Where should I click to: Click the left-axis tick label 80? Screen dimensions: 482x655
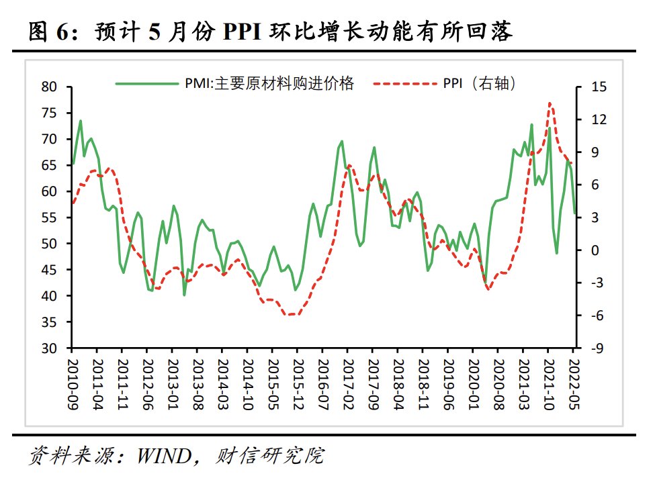(49, 87)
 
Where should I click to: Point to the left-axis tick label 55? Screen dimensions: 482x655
(49, 218)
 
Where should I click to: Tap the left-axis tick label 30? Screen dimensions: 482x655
(49, 348)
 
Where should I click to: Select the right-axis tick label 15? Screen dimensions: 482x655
(599, 87)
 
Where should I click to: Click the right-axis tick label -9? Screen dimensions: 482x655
(599, 348)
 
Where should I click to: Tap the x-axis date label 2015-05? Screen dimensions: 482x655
(271, 383)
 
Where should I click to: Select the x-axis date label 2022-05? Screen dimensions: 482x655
(573, 383)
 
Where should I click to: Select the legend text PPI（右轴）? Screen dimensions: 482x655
(479, 83)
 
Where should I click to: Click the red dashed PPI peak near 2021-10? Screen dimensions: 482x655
(550, 103)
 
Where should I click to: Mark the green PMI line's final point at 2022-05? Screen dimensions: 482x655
(574, 213)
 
